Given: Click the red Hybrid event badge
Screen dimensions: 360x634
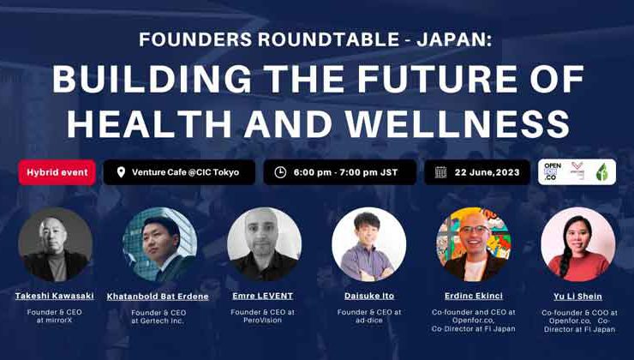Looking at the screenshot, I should point(57,172).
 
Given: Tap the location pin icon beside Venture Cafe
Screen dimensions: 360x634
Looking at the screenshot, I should point(120,172).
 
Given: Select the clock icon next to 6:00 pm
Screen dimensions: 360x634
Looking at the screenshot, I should point(279,172).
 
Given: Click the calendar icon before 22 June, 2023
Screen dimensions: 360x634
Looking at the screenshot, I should point(440,172).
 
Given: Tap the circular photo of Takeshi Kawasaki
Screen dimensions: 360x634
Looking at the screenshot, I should point(56,244).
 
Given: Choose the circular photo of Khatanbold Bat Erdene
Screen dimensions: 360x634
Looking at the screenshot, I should point(159,244).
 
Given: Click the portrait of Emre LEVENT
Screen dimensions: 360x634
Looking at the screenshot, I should point(264,244).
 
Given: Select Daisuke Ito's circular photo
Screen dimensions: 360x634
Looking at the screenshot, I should point(368,244).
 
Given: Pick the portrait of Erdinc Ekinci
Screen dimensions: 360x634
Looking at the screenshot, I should point(474,244).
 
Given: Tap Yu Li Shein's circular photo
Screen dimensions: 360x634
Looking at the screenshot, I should point(578,244).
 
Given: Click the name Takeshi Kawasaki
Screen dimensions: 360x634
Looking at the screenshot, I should point(56,296).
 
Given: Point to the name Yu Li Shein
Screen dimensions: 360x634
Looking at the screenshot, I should point(578,296).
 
